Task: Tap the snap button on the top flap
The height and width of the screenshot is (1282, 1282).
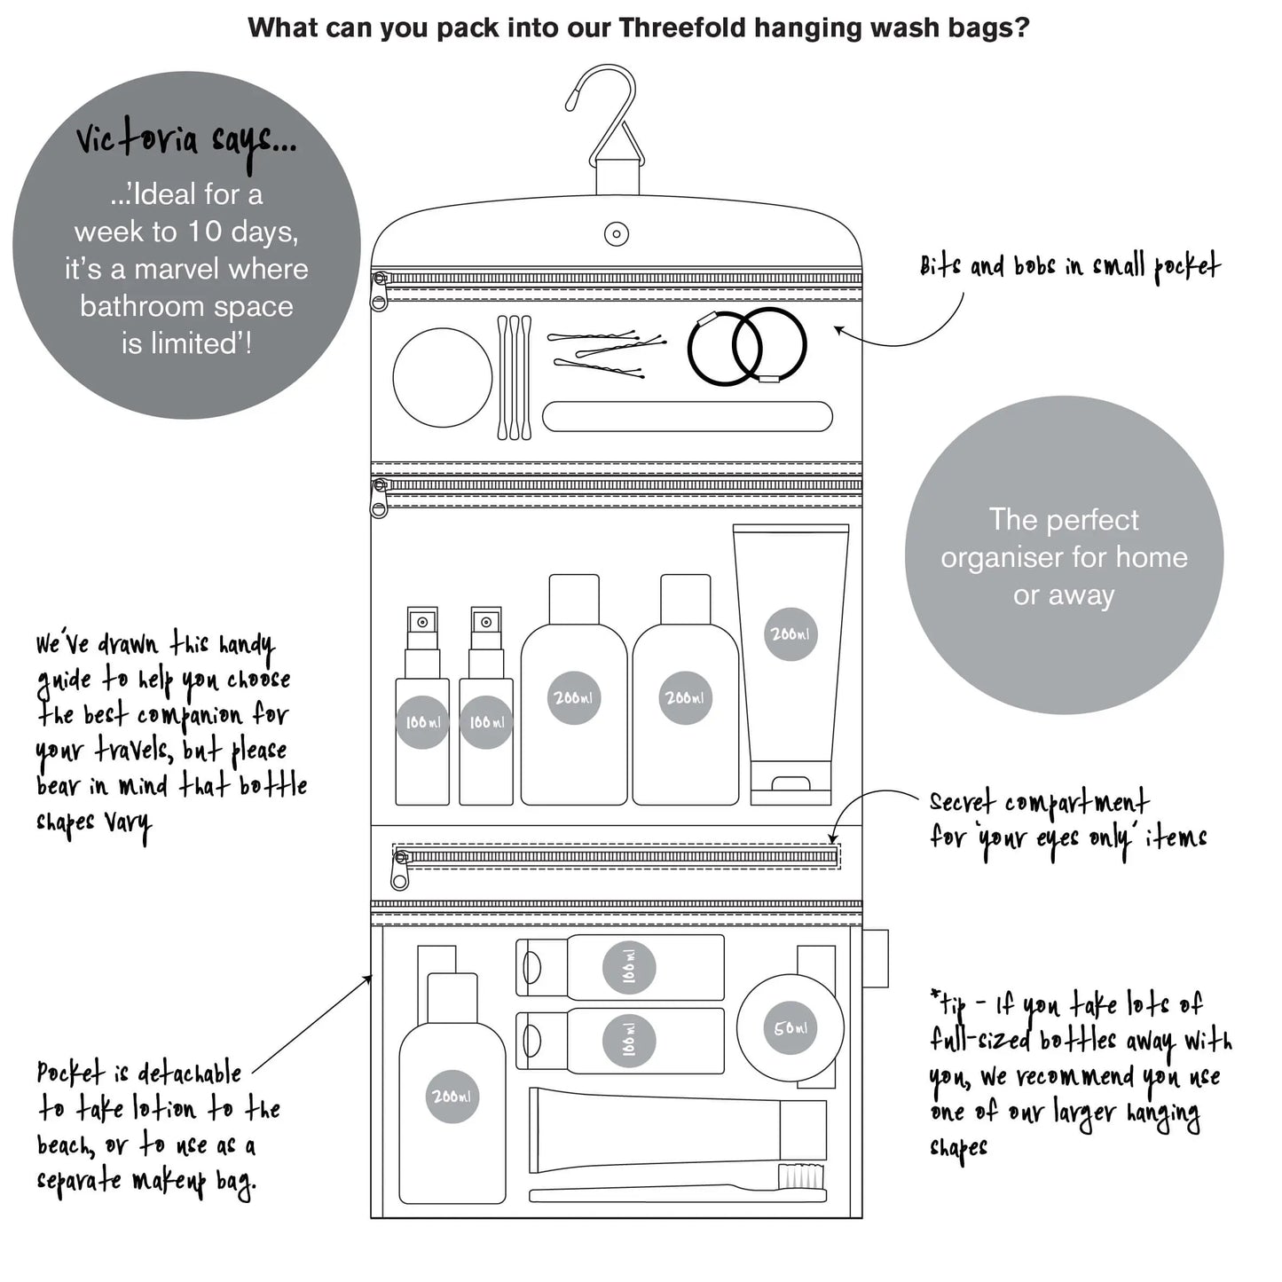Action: click(617, 234)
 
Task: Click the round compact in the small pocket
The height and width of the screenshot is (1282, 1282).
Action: click(442, 377)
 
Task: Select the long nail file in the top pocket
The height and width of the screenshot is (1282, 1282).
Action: click(688, 416)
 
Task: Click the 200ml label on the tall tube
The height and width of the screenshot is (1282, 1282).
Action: click(790, 634)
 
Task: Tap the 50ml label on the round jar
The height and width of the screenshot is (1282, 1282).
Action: click(790, 1029)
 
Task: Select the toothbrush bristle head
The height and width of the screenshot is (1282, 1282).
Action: click(801, 1177)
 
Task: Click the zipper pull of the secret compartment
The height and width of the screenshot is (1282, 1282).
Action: click(401, 871)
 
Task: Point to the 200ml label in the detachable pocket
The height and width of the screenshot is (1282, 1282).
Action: click(452, 1097)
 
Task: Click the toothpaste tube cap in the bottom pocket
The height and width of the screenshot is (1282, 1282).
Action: click(803, 1129)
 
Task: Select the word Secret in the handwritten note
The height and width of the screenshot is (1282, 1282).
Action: click(962, 802)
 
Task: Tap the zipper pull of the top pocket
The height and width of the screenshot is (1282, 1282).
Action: click(380, 293)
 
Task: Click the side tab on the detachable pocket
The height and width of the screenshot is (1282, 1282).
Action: click(875, 958)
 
